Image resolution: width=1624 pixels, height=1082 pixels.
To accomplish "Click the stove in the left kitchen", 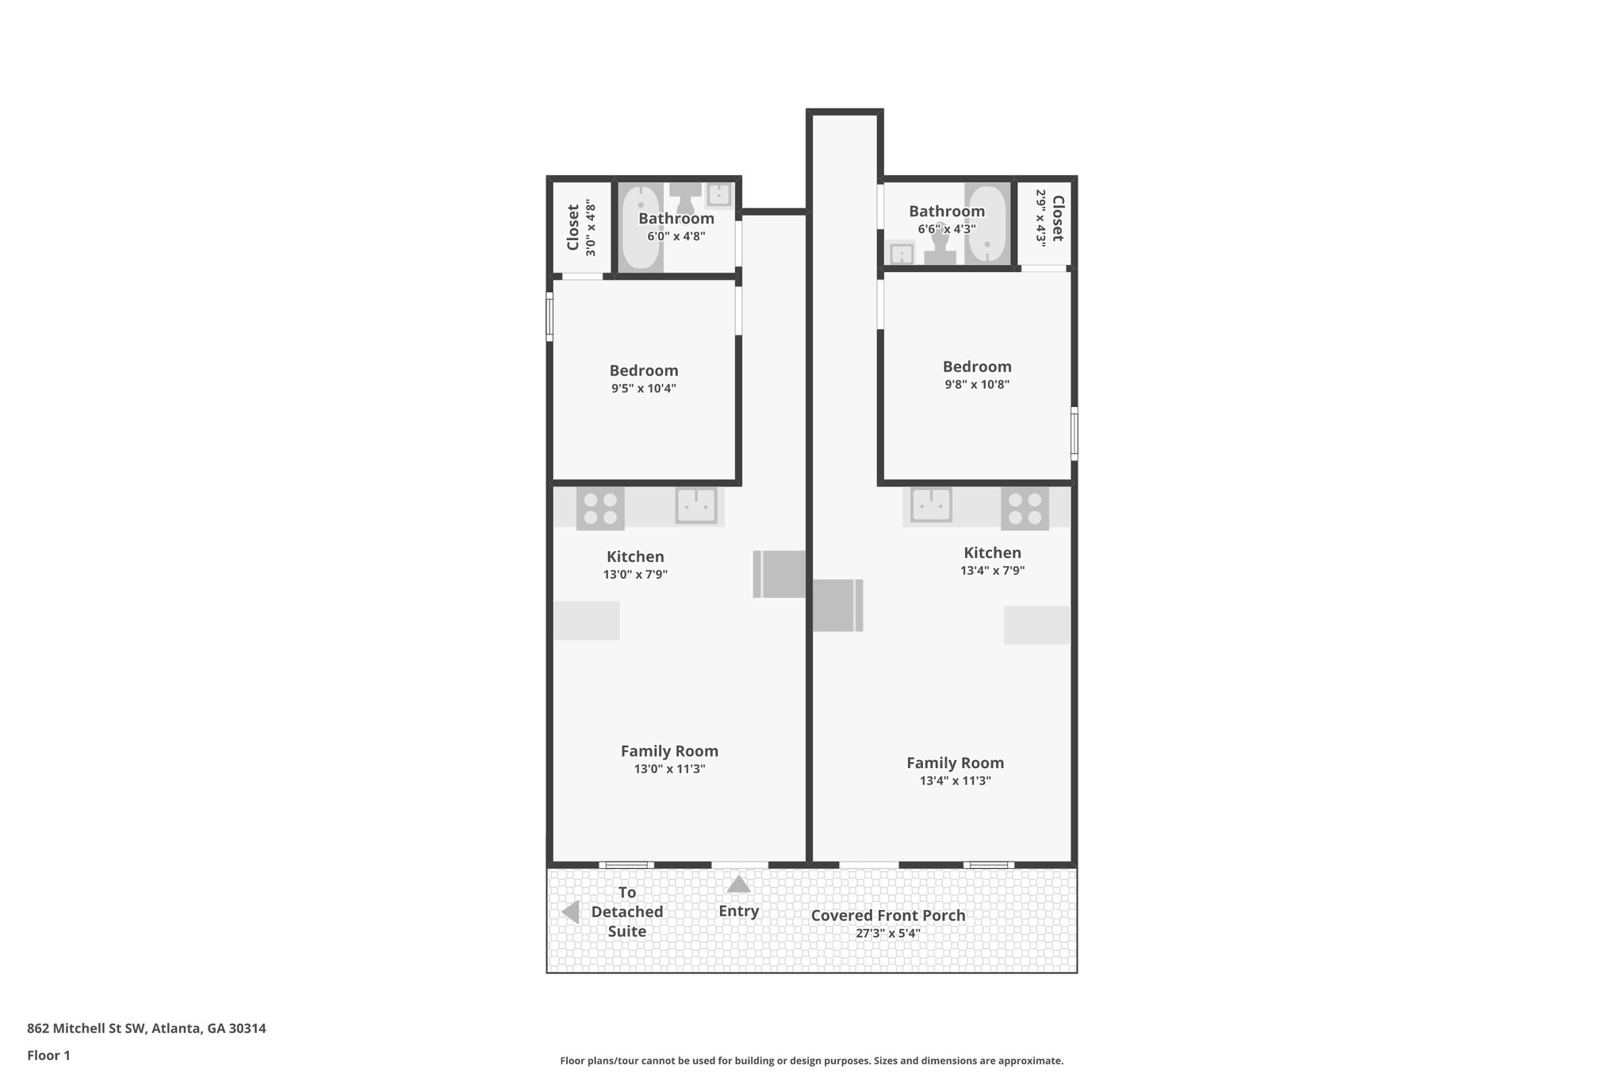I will (600, 509).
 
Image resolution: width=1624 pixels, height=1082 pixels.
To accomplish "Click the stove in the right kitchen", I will (1025, 509).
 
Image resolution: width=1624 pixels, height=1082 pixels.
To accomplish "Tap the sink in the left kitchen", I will (696, 506).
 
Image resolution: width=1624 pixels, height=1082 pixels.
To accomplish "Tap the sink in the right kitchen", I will (931, 506).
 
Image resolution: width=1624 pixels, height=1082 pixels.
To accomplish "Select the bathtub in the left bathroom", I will (639, 227).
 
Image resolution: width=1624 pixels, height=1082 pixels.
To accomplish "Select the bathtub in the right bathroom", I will (986, 224).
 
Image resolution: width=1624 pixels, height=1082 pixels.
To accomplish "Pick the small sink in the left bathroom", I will (718, 194).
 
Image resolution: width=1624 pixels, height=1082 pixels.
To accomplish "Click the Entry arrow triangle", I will (738, 884).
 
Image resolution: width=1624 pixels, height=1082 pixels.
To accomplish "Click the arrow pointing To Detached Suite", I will (570, 912).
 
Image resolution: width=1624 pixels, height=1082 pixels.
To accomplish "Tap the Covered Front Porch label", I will (887, 916).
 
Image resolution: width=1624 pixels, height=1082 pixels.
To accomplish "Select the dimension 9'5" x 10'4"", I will (643, 388).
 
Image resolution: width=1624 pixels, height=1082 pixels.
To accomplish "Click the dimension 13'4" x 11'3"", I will (955, 781).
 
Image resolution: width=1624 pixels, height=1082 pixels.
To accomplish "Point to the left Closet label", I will (573, 227).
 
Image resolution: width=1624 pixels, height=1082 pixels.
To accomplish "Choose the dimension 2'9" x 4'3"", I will (1041, 217).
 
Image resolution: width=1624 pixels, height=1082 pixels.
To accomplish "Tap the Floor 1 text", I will (48, 1055).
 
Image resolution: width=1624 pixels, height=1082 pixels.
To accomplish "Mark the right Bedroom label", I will (976, 366).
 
